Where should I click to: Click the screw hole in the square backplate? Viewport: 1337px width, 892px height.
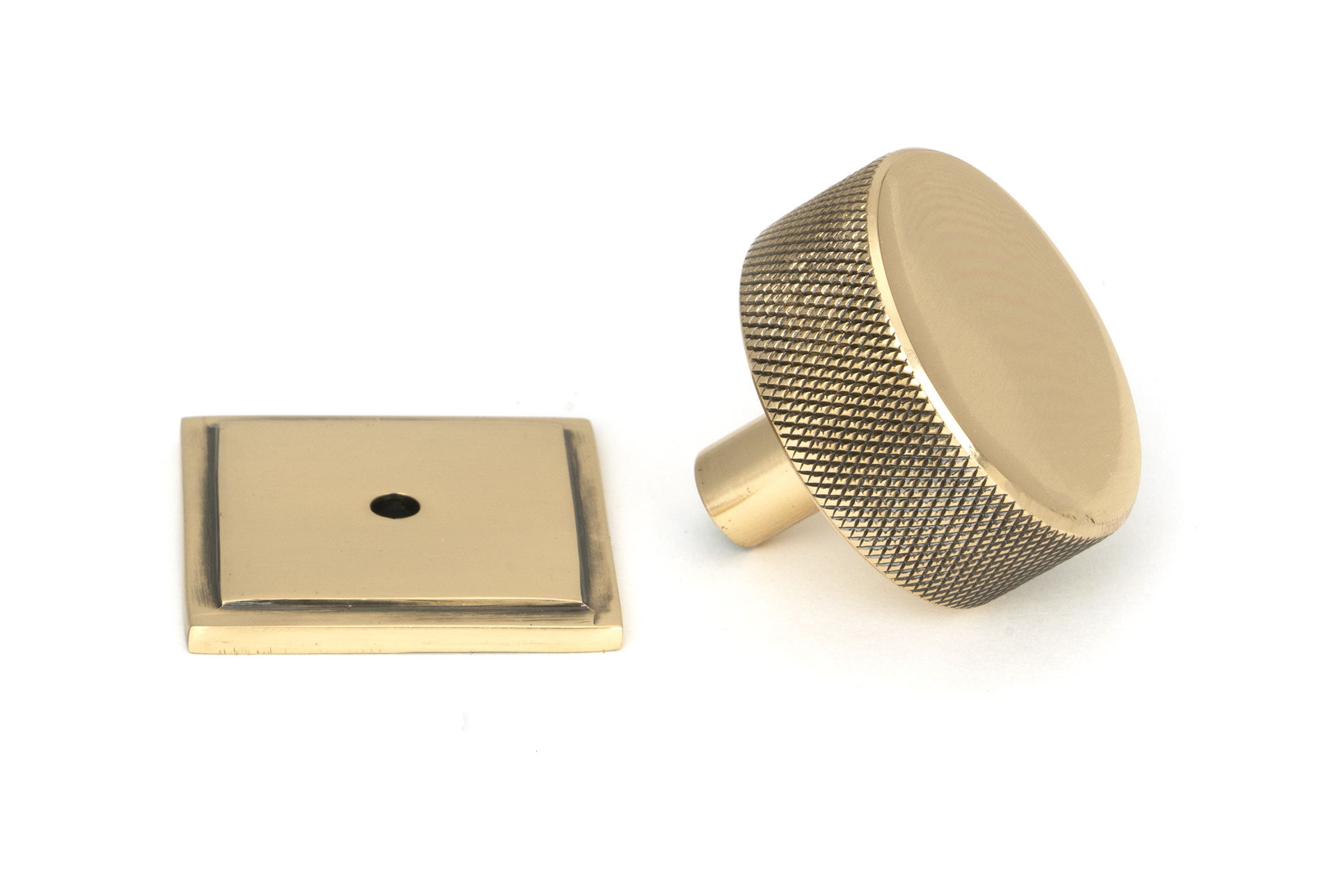(x=395, y=506)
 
